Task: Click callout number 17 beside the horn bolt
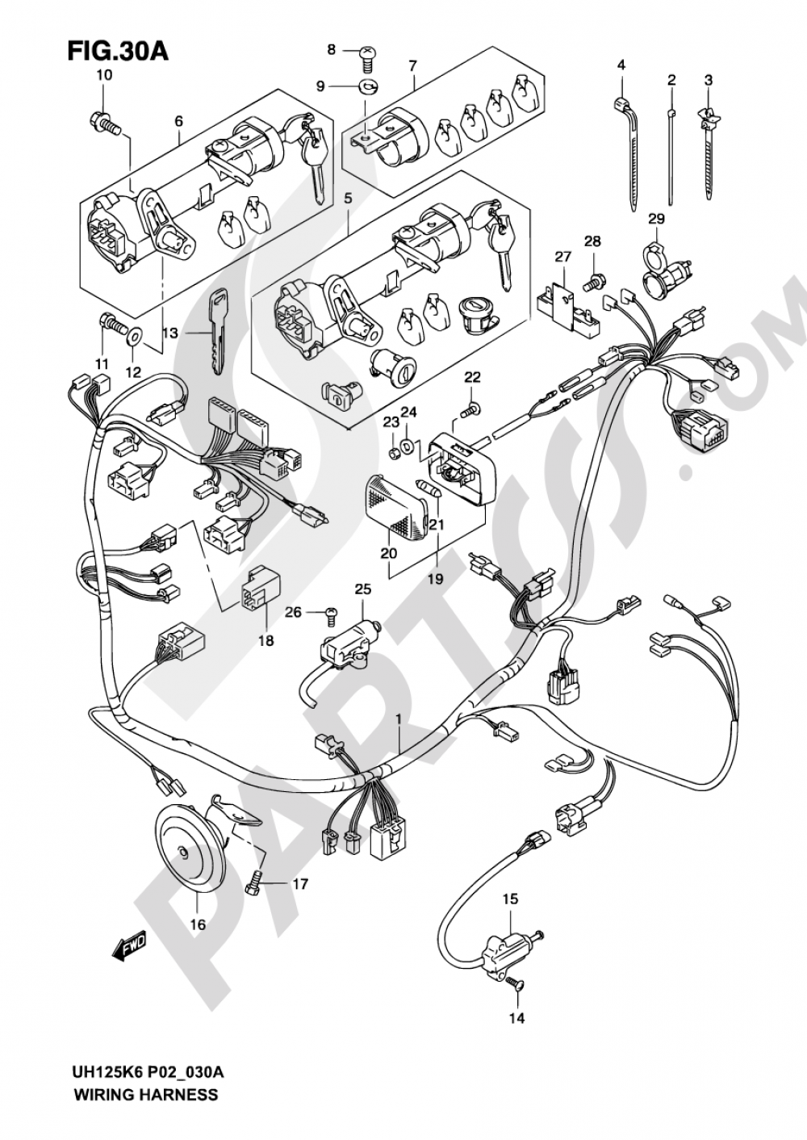click(x=299, y=884)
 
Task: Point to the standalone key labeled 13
click(x=217, y=332)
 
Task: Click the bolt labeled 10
click(x=103, y=124)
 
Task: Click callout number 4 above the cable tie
click(x=621, y=64)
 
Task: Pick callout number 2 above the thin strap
click(x=671, y=79)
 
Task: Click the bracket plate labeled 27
click(x=569, y=304)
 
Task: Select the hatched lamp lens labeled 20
click(x=395, y=505)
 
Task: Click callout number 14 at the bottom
click(x=516, y=1018)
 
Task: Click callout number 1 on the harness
click(x=398, y=717)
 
